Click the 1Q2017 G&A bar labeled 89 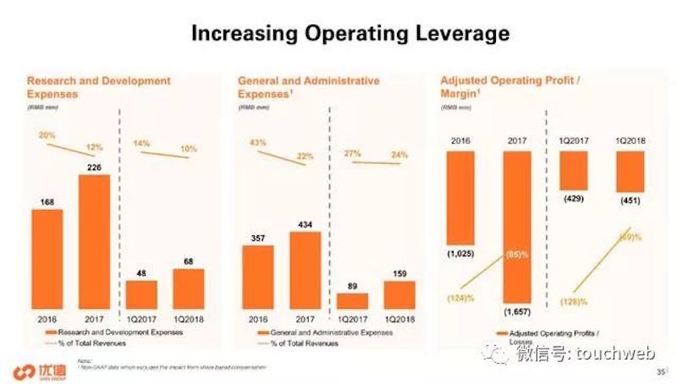coord(352,300)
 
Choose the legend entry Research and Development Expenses coord(115,334)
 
